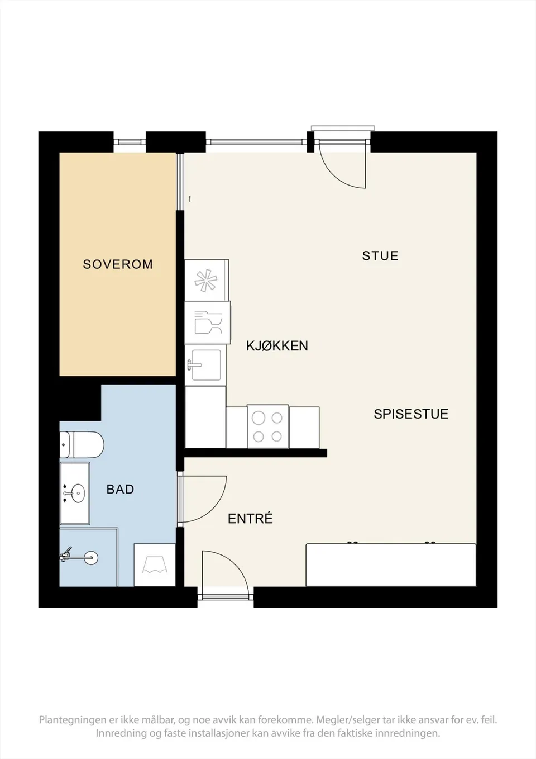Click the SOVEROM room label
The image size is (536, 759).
pyautogui.click(x=118, y=264)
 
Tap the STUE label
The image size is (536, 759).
pyautogui.click(x=380, y=255)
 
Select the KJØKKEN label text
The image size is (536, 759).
pyautogui.click(x=277, y=345)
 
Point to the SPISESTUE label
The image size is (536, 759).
pyautogui.click(x=411, y=414)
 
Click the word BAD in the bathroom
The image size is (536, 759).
pyautogui.click(x=120, y=489)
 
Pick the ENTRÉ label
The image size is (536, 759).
pyautogui.click(x=250, y=519)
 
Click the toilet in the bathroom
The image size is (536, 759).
pyautogui.click(x=82, y=444)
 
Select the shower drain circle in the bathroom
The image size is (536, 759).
pyautogui.click(x=91, y=557)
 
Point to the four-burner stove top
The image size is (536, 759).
pyautogui.click(x=267, y=426)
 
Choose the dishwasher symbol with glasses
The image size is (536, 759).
pyautogui.click(x=208, y=322)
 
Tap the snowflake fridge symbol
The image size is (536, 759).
pyautogui.click(x=205, y=280)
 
